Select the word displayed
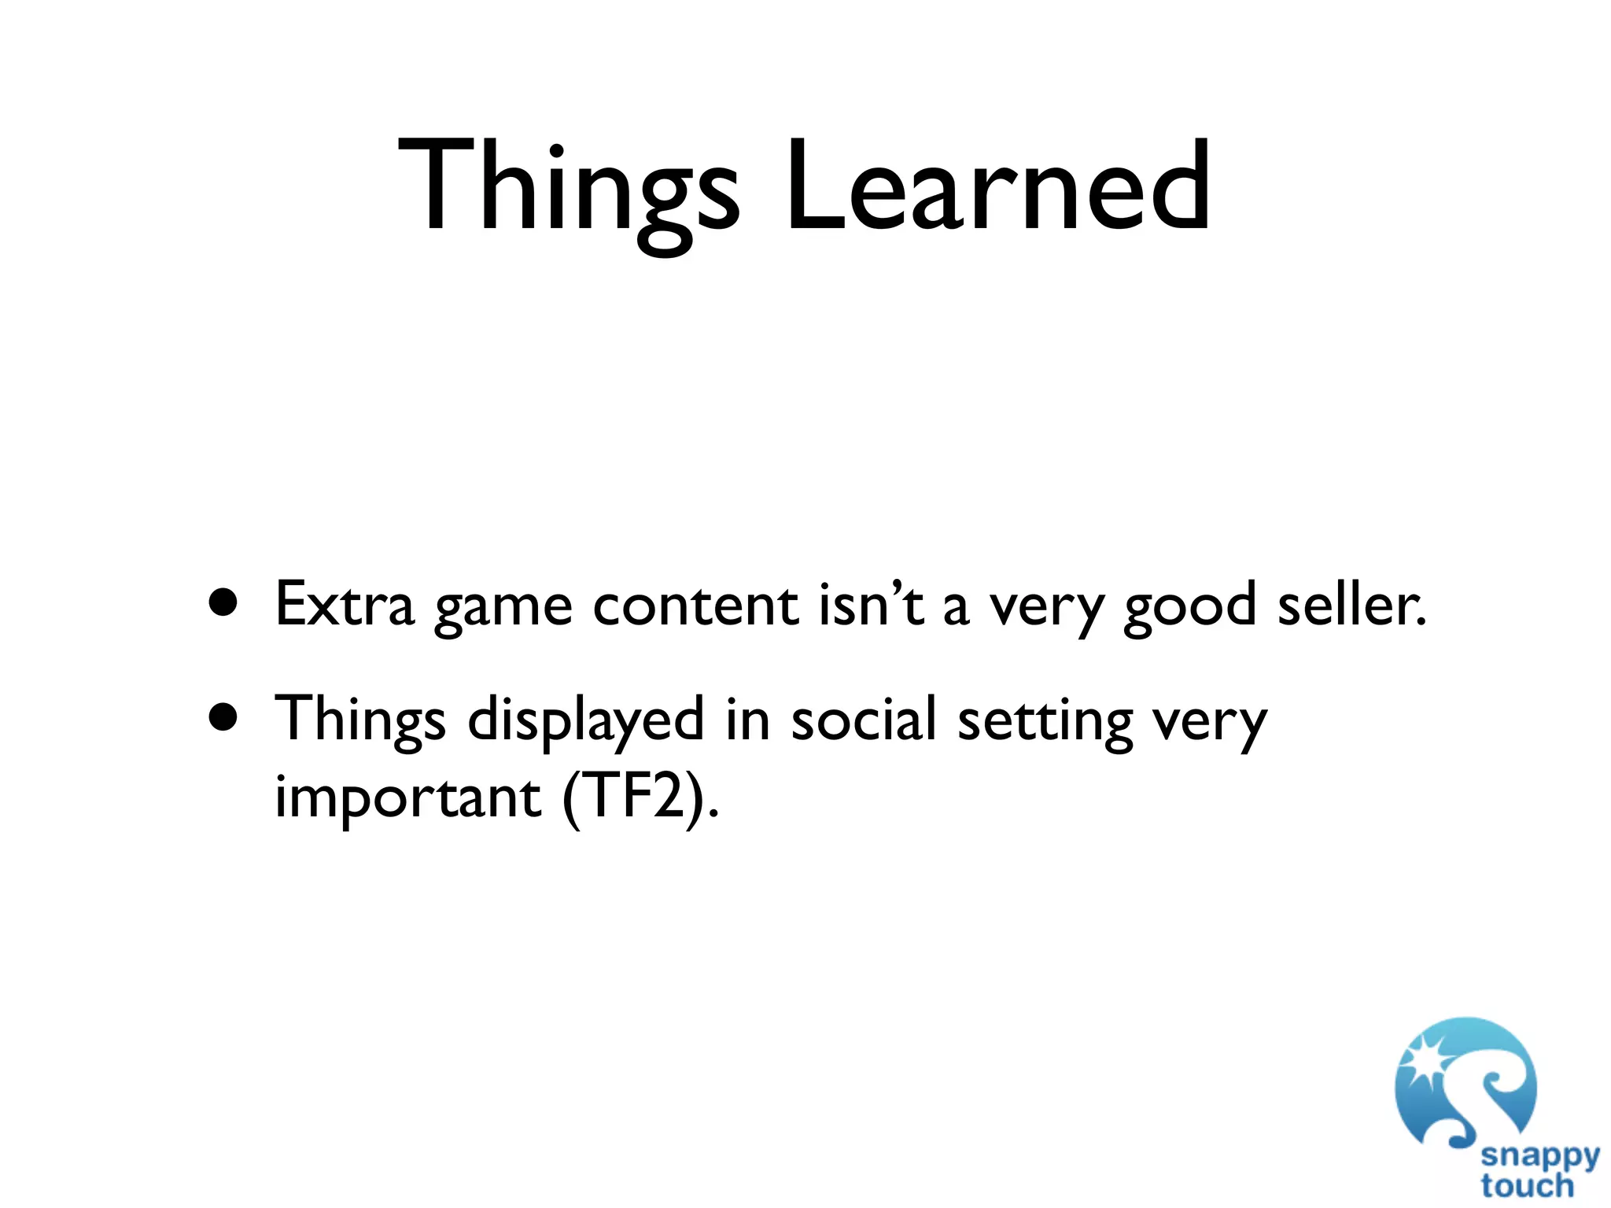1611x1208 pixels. [x=585, y=720]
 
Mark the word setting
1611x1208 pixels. [x=1045, y=721]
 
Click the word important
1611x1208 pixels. [x=407, y=798]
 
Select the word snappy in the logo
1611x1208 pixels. [x=1539, y=1156]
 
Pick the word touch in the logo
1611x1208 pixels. [x=1527, y=1186]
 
